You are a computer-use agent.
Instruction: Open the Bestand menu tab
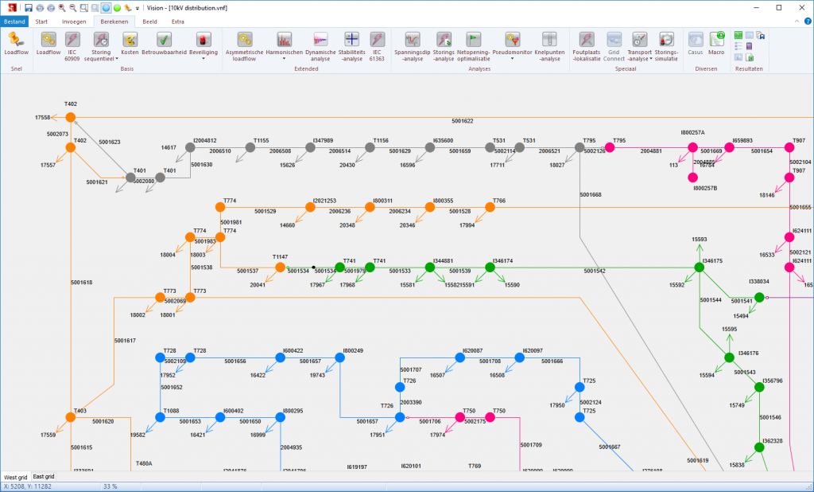click(x=14, y=21)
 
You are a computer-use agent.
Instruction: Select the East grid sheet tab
click(x=43, y=476)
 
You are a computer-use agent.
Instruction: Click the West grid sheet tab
click(x=15, y=476)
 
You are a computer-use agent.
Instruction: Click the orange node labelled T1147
click(x=280, y=267)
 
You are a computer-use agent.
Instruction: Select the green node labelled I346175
click(x=700, y=267)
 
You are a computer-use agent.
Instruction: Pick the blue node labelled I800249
click(x=339, y=358)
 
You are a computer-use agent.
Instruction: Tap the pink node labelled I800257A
click(x=692, y=147)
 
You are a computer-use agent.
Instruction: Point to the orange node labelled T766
click(x=490, y=208)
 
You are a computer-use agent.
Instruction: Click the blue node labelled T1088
click(x=159, y=418)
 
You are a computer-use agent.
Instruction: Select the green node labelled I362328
click(x=759, y=447)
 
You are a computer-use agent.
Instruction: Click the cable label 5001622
click(x=462, y=121)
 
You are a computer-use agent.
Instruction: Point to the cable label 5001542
click(x=594, y=271)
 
